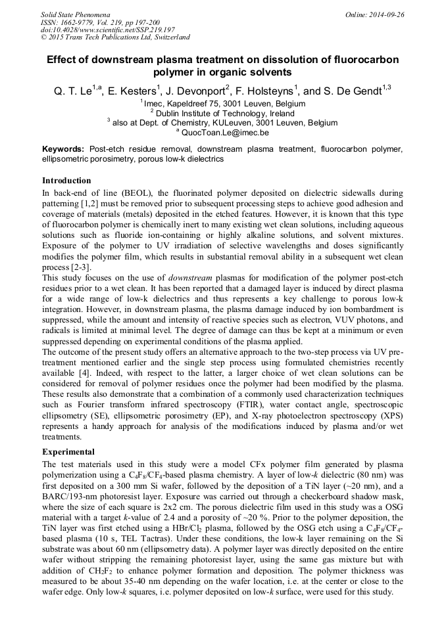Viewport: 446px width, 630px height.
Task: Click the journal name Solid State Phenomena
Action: [x=75, y=14]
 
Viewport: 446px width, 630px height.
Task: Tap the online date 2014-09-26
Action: [x=380, y=14]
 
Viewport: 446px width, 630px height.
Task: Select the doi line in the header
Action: [x=108, y=30]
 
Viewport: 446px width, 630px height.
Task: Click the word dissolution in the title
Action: [x=292, y=60]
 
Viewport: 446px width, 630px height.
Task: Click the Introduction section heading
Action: [x=66, y=181]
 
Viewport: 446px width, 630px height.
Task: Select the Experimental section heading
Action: [x=68, y=452]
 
